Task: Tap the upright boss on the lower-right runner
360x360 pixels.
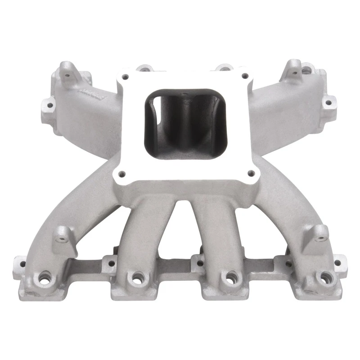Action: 320,232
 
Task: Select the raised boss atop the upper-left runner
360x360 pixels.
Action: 67,68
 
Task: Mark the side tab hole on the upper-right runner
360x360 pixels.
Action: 329,103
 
